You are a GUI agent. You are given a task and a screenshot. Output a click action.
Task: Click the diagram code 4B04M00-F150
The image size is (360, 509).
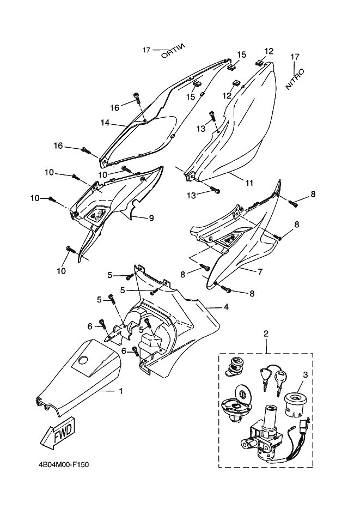point(63,465)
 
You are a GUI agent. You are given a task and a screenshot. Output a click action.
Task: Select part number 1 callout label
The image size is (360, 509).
point(121,391)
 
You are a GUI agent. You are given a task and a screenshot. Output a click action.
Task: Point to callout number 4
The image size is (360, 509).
point(226,306)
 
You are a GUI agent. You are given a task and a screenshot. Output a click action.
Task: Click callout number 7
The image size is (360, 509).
point(260,271)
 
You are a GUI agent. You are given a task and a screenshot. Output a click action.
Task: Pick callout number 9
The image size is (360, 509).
point(151,218)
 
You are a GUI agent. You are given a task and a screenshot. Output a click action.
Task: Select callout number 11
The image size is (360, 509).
point(249,183)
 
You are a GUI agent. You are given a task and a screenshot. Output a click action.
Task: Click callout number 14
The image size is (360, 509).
point(105,123)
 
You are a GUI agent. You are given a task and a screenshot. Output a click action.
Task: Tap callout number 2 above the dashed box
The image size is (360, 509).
point(266,334)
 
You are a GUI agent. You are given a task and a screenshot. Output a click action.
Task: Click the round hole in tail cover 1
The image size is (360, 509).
point(83,360)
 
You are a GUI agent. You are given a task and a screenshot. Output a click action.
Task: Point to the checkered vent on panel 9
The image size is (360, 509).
point(97,214)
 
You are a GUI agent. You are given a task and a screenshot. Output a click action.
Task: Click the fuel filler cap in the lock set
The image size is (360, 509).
point(235,403)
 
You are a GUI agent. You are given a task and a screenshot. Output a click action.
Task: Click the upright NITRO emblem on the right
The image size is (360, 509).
point(295,79)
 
